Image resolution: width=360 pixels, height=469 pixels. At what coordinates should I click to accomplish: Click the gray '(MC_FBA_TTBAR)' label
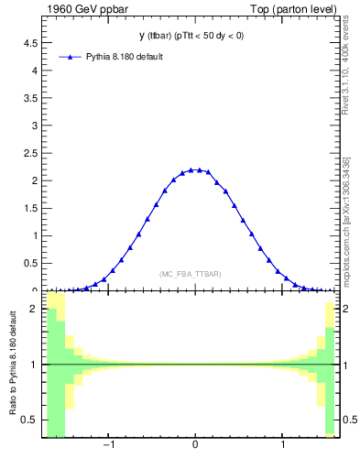pos(190,274)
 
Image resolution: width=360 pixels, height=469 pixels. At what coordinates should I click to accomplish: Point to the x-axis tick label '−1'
pos(108,446)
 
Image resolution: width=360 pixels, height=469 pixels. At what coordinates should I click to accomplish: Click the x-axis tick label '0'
pos(195,446)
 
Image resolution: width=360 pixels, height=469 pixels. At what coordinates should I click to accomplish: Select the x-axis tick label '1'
pos(283,446)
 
